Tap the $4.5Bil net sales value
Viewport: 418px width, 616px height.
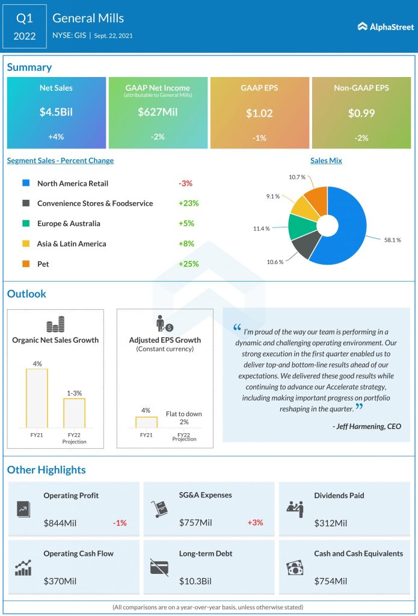[56, 112]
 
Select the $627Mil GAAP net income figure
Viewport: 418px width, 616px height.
[158, 112]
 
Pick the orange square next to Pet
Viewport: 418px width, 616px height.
[25, 264]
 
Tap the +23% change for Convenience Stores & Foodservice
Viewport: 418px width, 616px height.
[188, 203]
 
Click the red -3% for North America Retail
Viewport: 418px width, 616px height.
[185, 183]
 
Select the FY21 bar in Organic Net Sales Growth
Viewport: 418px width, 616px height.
[37, 398]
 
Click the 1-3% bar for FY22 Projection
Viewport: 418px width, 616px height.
[75, 412]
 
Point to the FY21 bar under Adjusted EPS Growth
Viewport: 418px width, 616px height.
[146, 422]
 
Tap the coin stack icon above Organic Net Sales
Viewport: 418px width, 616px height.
[55, 325]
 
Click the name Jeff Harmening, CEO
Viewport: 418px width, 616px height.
[366, 427]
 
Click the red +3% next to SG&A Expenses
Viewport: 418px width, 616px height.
[255, 523]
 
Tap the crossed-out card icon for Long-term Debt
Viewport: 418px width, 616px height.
[159, 567]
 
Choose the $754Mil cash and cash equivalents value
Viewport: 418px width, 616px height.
[331, 581]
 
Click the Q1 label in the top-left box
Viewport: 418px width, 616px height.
[24, 18]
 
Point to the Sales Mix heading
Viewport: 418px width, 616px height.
[326, 161]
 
